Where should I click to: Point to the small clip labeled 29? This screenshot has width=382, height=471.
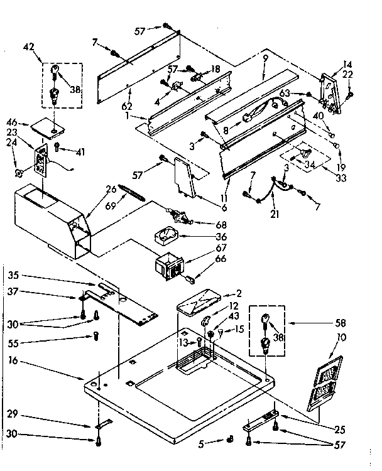[x=99, y=424]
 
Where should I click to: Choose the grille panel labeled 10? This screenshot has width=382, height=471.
[x=327, y=382]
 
